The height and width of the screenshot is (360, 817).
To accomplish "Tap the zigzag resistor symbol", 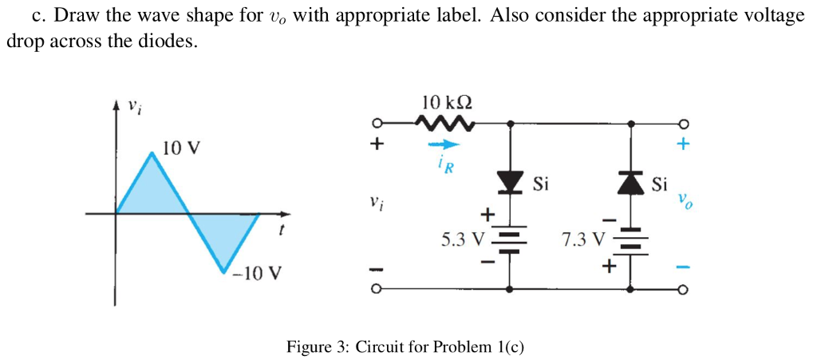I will coord(445,123).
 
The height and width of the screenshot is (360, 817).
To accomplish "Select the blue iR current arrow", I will coord(444,144).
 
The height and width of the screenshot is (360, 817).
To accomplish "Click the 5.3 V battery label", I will coord(463,238).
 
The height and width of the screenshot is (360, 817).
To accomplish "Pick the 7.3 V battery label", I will coord(584,238).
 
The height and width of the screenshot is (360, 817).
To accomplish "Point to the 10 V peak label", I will coord(181,148).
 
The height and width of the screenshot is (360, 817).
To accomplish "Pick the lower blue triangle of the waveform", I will coord(223,235).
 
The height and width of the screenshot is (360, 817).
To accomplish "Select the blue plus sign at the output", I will coord(681,146).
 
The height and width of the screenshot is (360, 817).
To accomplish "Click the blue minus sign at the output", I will coord(682,267).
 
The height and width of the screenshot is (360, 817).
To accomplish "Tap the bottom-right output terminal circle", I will coord(682,290).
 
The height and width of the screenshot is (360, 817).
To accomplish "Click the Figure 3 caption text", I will coord(406,347).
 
